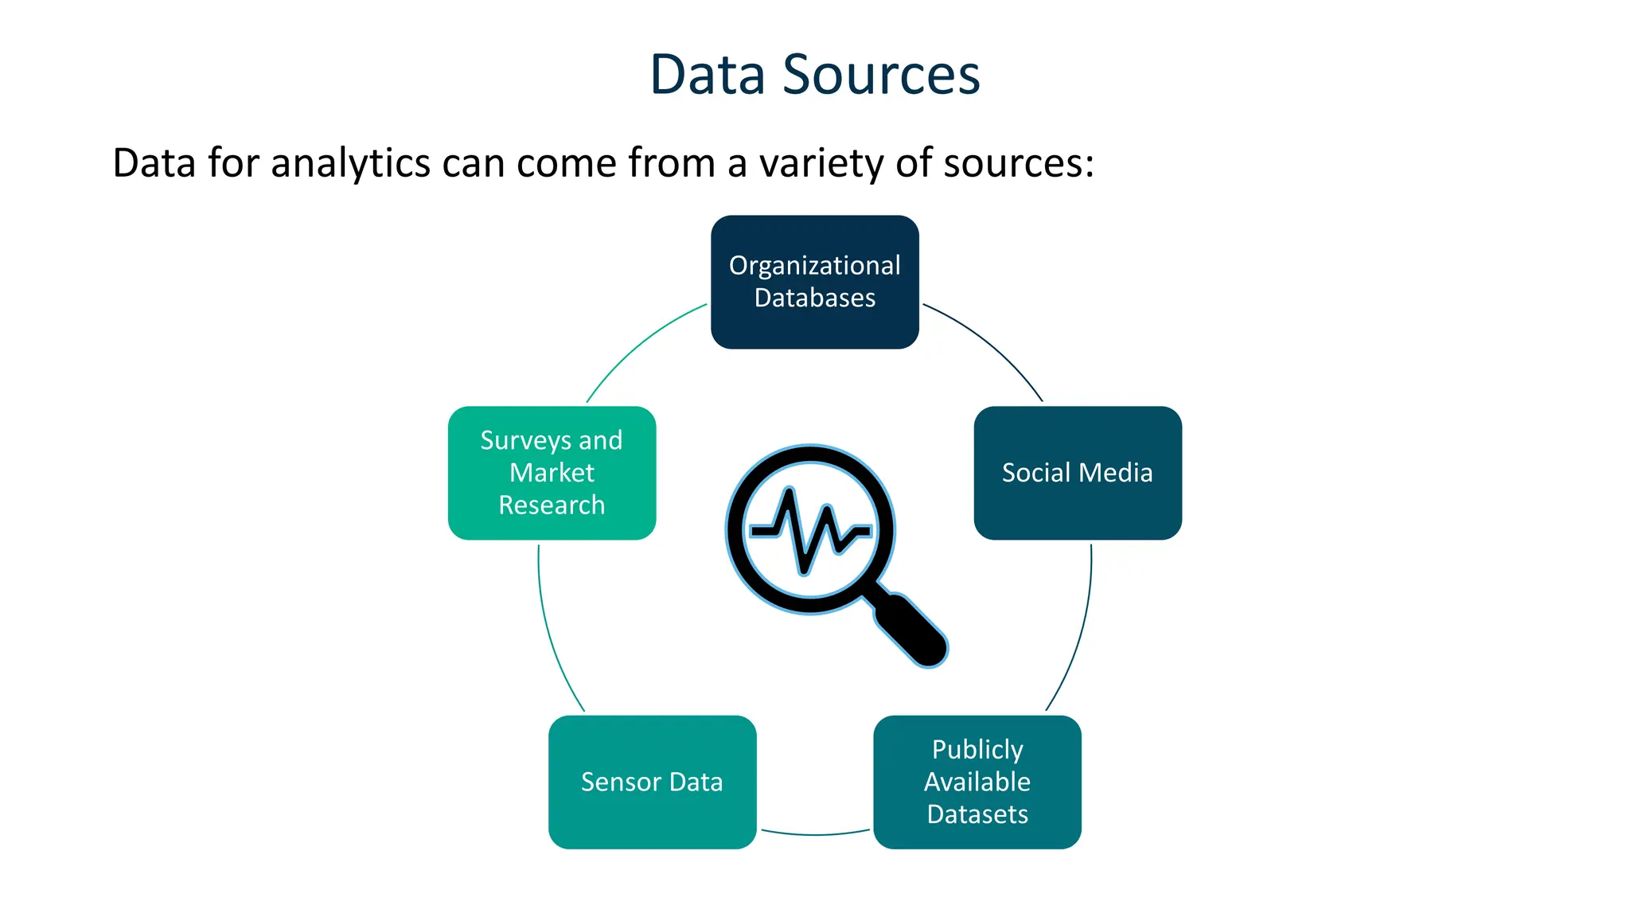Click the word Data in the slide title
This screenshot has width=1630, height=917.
tap(708, 75)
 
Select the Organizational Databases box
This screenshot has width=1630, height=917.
tap(814, 282)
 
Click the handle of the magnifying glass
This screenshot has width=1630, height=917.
tap(911, 628)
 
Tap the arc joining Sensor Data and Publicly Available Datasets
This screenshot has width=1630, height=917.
tap(815, 834)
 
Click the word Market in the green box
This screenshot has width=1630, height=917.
tap(552, 473)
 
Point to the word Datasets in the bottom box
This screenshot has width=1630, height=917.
tap(977, 814)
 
